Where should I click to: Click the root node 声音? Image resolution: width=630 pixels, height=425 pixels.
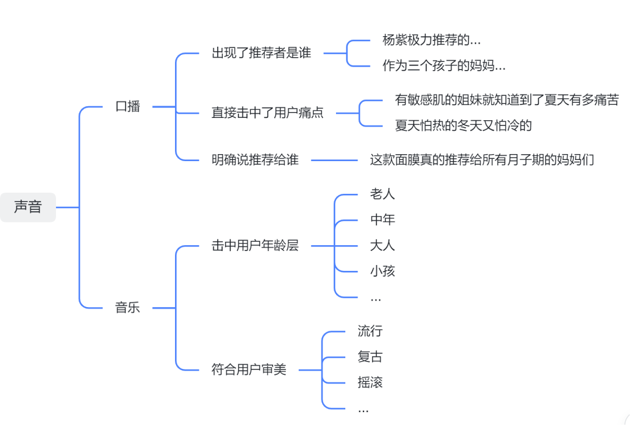click(x=28, y=207)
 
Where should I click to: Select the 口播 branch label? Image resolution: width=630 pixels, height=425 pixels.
click(x=128, y=107)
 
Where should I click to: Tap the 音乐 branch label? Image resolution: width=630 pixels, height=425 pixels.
click(x=128, y=308)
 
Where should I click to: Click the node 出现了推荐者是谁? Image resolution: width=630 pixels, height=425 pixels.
click(x=261, y=53)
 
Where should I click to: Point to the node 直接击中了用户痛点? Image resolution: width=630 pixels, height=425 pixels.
click(x=267, y=113)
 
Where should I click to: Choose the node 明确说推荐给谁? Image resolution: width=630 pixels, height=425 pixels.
click(x=255, y=160)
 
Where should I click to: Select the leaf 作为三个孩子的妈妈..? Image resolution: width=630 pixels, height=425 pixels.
click(x=444, y=66)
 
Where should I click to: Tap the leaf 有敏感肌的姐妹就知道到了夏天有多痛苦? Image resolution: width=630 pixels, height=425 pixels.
click(x=506, y=100)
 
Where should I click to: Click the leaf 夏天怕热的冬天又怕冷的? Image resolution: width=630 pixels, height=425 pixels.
click(x=463, y=126)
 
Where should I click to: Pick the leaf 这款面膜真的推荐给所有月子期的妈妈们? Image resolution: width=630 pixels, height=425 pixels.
click(x=482, y=160)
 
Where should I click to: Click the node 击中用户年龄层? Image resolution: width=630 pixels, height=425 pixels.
click(x=255, y=246)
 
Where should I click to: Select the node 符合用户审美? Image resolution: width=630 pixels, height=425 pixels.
click(x=249, y=370)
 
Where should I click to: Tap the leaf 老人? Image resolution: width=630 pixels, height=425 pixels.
click(x=383, y=194)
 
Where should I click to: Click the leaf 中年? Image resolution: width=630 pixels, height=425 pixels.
click(x=383, y=220)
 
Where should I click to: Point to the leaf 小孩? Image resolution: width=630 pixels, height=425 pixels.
click(x=383, y=271)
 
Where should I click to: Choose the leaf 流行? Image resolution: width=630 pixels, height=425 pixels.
click(x=370, y=331)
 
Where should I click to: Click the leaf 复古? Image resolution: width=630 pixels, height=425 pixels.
click(x=370, y=357)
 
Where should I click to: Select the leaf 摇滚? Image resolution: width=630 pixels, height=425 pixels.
click(x=370, y=382)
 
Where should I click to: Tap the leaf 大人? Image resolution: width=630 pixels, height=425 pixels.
click(x=383, y=245)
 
